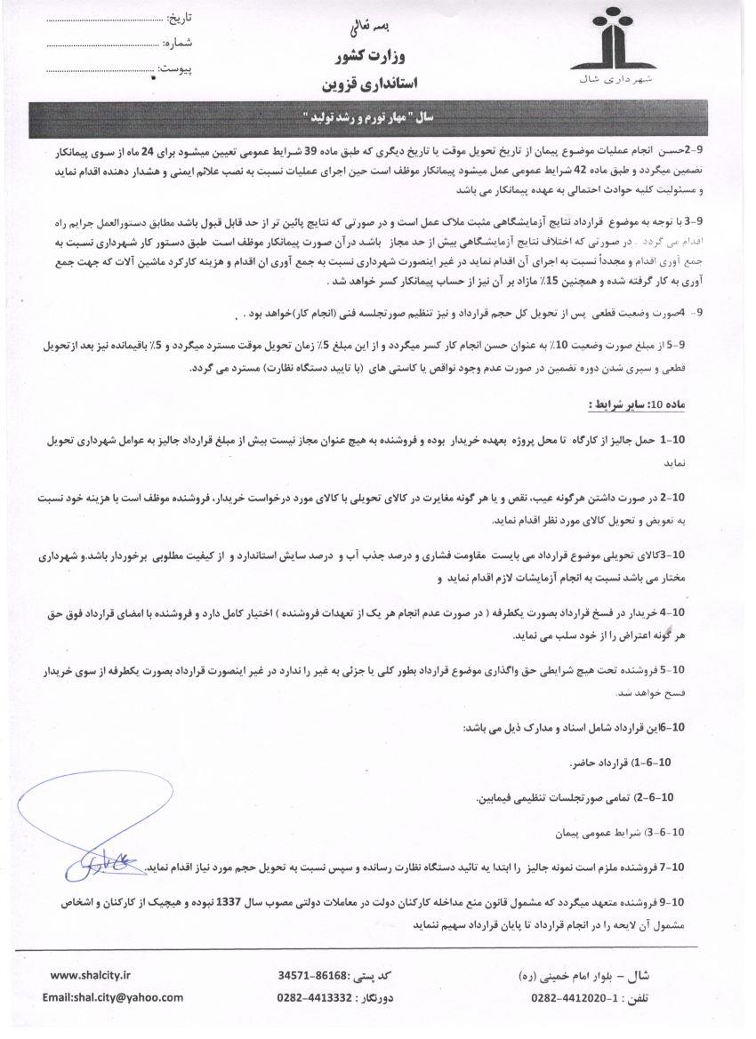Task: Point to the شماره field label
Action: pos(178,42)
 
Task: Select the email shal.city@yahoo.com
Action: pos(112,997)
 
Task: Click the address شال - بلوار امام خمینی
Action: pos(591,974)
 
